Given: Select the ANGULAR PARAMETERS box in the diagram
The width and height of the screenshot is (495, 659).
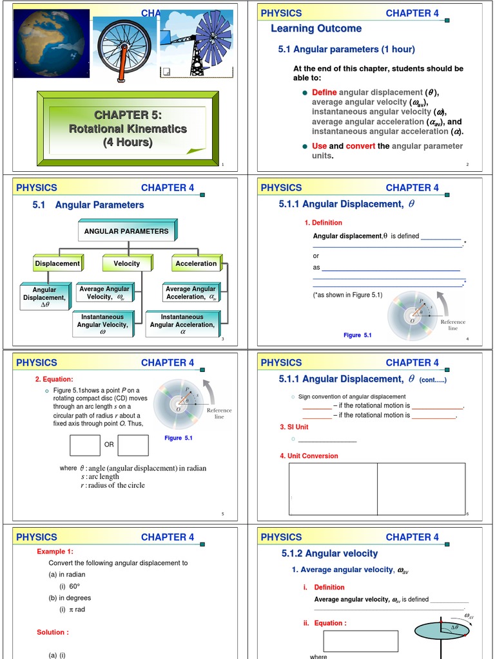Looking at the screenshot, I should pyautogui.click(x=126, y=231).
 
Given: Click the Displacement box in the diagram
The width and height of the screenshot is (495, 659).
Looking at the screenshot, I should pyautogui.click(x=57, y=263).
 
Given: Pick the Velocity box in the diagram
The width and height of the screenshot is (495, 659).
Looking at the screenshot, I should pyautogui.click(x=126, y=263).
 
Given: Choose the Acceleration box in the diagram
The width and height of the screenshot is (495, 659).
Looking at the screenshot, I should pyautogui.click(x=196, y=263).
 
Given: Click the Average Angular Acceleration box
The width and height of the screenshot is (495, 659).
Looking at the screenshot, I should pyautogui.click(x=191, y=293).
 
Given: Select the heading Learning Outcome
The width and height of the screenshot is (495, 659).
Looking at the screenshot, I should pyautogui.click(x=316, y=28).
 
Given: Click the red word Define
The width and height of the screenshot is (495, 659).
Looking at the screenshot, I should pyautogui.click(x=324, y=93).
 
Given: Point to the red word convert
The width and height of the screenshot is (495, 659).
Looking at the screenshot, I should pyautogui.click(x=360, y=146).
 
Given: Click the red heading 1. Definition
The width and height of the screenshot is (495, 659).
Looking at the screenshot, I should pyautogui.click(x=323, y=223).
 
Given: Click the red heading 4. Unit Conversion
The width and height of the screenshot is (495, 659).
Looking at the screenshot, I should pyautogui.click(x=309, y=456).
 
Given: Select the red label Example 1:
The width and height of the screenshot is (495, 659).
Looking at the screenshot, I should pyautogui.click(x=55, y=552).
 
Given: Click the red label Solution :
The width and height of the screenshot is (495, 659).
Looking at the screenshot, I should pyautogui.click(x=53, y=632).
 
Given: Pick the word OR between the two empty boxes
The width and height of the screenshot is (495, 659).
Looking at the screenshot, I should pyautogui.click(x=109, y=445).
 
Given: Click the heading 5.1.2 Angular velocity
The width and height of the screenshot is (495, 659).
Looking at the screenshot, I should pyautogui.click(x=329, y=553).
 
